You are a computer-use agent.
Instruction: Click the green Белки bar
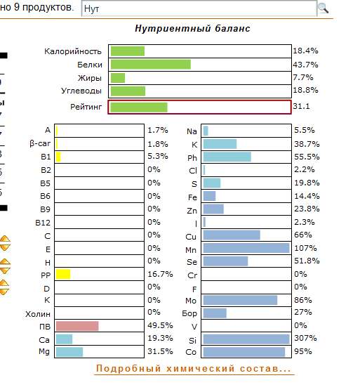[151, 65]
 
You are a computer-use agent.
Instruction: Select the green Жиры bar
[118, 78]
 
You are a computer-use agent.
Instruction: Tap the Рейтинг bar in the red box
[139, 107]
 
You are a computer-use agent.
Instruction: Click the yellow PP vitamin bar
[63, 274]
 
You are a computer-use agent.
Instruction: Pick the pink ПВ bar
[77, 326]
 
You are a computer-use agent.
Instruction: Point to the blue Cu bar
[232, 235]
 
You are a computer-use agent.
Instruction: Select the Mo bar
[240, 300]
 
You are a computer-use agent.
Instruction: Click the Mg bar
[69, 352]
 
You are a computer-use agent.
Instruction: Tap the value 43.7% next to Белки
[305, 65]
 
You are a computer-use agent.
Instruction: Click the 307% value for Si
[305, 338]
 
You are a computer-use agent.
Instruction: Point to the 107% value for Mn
[305, 248]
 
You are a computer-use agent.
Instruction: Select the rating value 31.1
[301, 106]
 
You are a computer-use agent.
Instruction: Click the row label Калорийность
[73, 51]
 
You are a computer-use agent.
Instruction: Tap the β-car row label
[40, 143]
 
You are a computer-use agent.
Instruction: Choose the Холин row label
[38, 314]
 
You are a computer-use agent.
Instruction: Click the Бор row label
[189, 313]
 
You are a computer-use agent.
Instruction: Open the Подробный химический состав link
[194, 369]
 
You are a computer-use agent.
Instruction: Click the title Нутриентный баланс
[192, 29]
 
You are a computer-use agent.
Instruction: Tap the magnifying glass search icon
[324, 8]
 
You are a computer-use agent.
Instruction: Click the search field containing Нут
[199, 8]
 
